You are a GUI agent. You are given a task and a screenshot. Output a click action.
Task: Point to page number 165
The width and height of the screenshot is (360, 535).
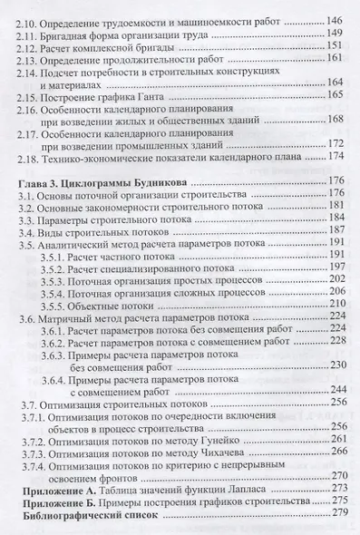pyautogui.click(x=326, y=120)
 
